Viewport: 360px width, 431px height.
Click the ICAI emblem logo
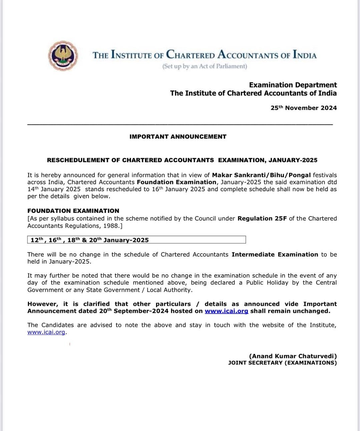[x=63, y=56]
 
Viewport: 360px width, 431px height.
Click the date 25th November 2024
[x=303, y=108]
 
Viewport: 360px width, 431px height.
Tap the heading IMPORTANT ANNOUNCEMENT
[x=178, y=137]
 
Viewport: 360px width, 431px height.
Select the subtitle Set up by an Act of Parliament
[x=205, y=66]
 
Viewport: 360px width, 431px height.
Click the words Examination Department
[x=293, y=85]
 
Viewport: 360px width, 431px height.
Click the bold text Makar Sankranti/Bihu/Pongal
[x=261, y=175]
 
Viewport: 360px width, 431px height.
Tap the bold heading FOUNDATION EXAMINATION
[x=73, y=211]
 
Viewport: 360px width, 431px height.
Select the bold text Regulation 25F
[x=262, y=219]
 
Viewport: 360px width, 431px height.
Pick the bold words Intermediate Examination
[x=275, y=255]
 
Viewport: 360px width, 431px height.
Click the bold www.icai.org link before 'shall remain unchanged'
[x=226, y=311]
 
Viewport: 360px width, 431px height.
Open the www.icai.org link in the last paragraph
[x=46, y=332]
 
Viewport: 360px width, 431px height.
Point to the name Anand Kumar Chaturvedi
[x=293, y=356]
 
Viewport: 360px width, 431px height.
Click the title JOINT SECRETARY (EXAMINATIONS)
[x=282, y=363]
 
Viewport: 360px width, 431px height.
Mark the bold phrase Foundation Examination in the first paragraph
[x=176, y=182]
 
